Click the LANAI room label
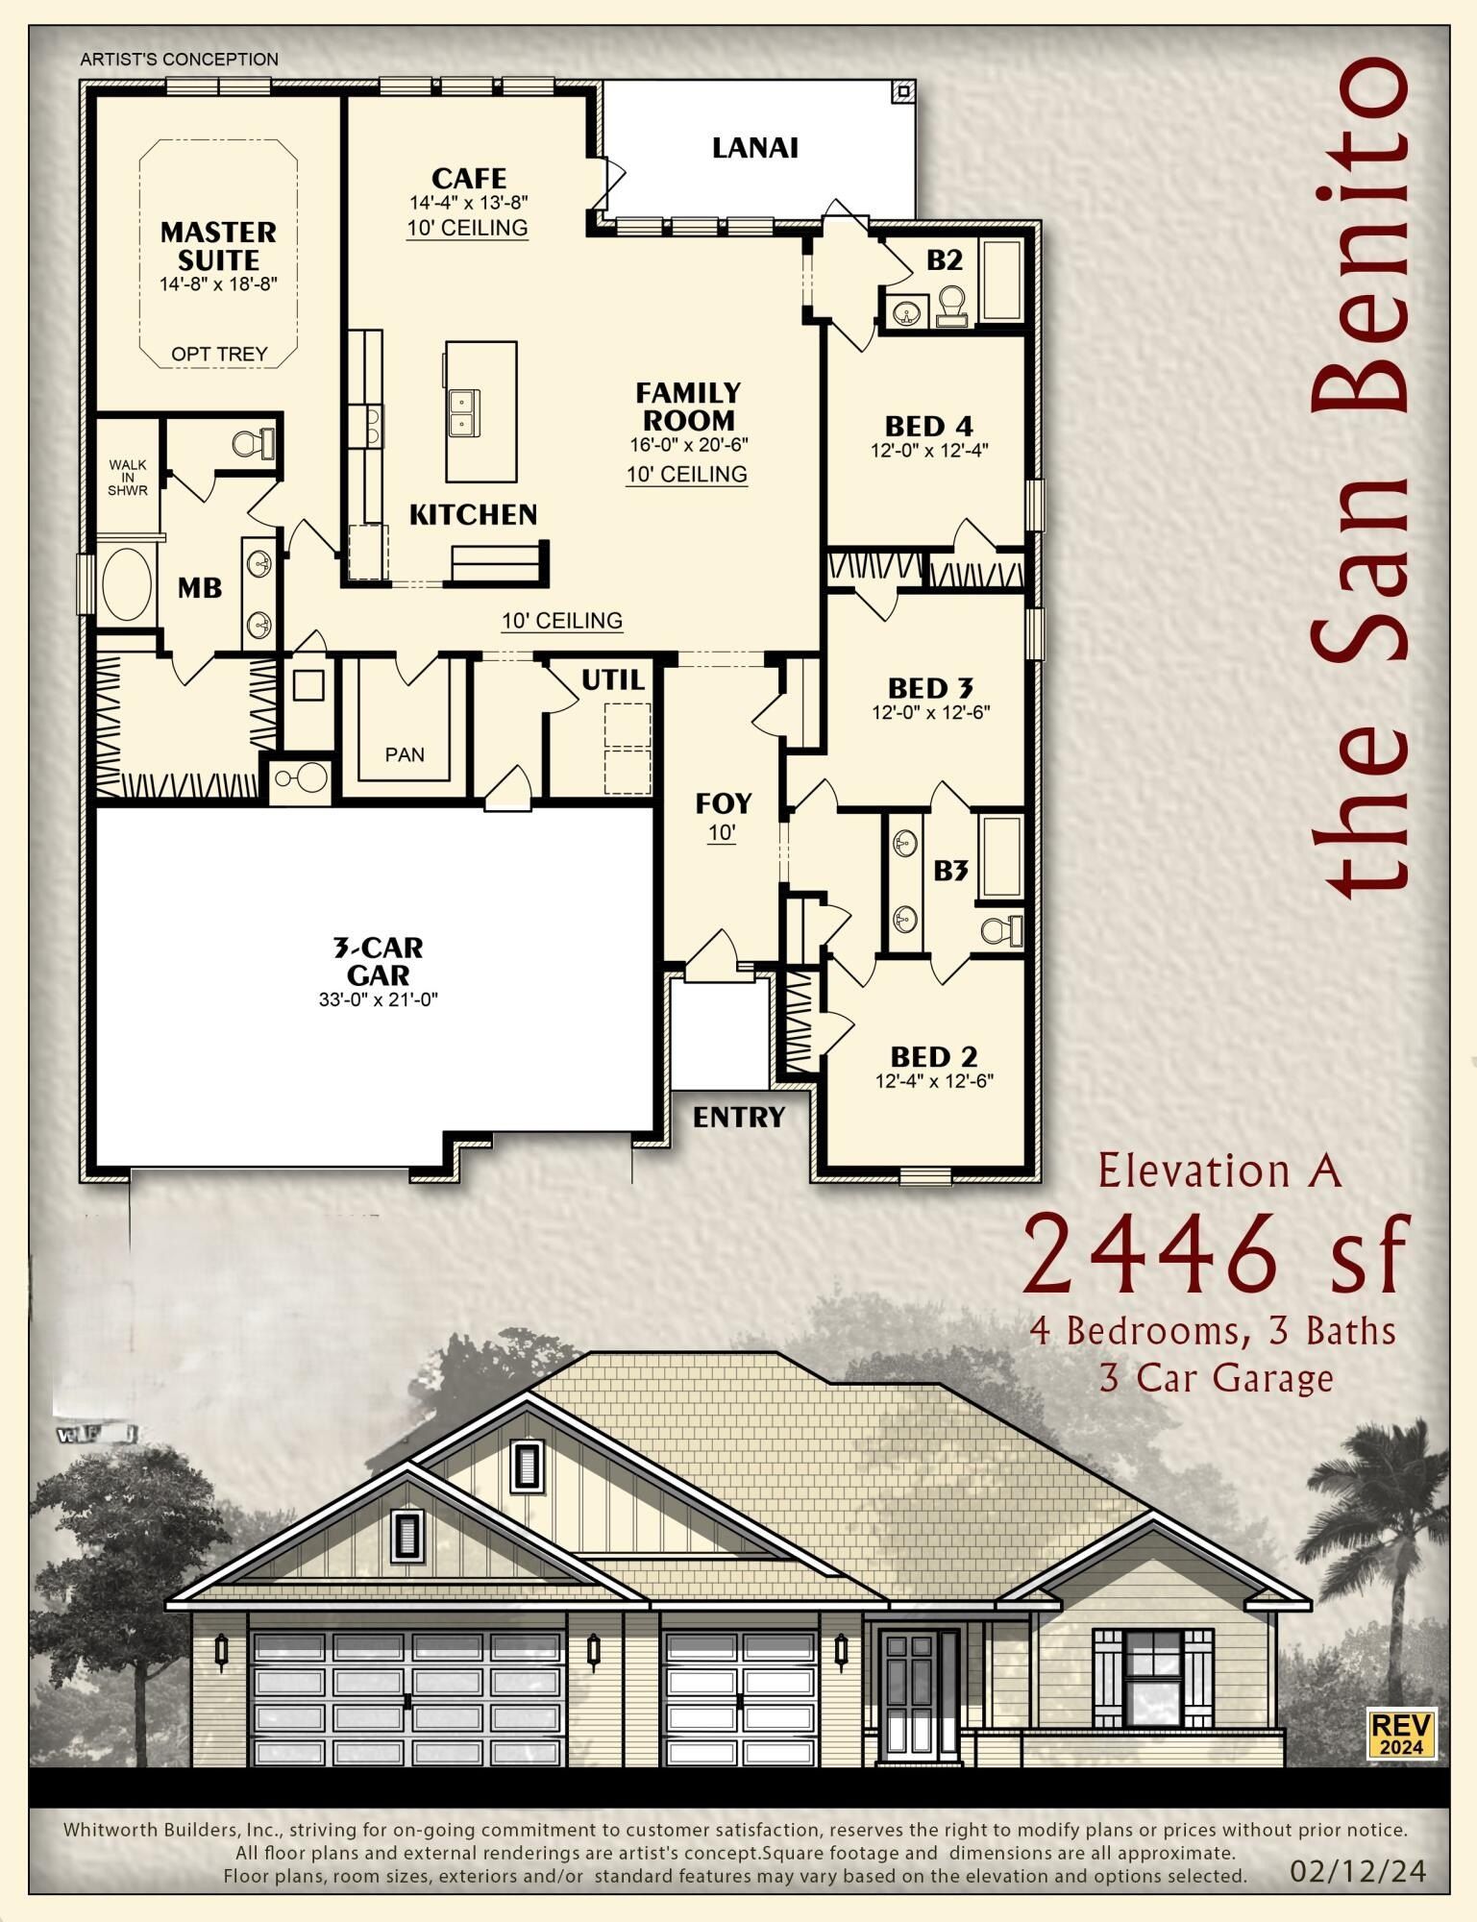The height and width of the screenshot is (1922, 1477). tap(755, 148)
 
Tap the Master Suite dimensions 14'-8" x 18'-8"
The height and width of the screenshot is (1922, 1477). tap(219, 284)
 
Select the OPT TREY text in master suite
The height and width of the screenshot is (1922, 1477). tap(219, 354)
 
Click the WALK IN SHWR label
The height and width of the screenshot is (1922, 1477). tap(128, 478)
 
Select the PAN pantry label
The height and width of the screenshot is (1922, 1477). tap(405, 754)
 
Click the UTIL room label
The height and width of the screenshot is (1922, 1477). tap(613, 680)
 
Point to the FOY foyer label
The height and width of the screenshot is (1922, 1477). tap(724, 802)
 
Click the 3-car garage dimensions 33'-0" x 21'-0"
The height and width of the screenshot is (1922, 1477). tap(379, 999)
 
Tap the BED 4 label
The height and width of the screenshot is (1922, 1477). tap(929, 425)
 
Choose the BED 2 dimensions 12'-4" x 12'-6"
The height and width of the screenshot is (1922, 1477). tap(934, 1080)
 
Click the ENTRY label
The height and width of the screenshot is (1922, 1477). tap(739, 1117)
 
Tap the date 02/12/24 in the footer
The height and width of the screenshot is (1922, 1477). tap(1358, 1871)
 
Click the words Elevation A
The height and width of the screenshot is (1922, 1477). tap(1219, 1170)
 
